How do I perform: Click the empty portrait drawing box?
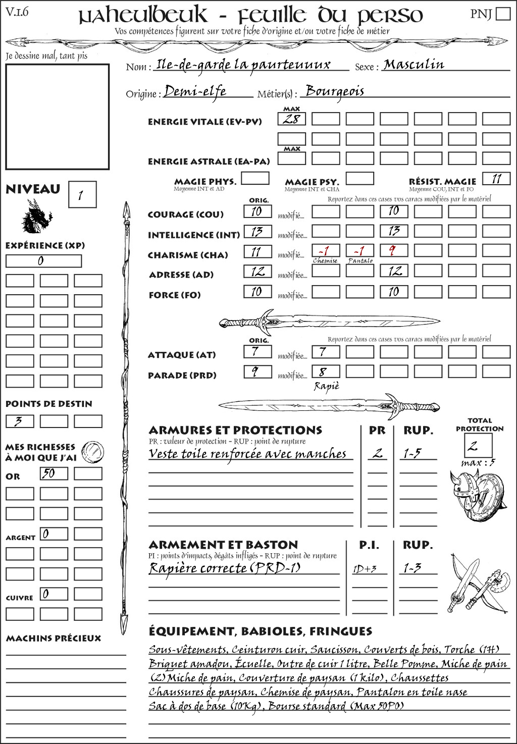click(x=57, y=117)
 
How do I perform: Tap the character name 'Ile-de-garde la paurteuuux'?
click(x=243, y=65)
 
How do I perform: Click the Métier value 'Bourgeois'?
click(x=335, y=91)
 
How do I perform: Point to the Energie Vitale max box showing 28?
click(x=291, y=119)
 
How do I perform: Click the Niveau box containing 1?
click(x=82, y=195)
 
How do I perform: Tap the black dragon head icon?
click(x=36, y=216)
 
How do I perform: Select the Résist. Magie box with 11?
click(x=496, y=179)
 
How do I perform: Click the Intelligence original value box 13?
click(x=257, y=232)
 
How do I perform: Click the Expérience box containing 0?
click(x=43, y=261)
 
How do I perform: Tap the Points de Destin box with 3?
click(x=20, y=421)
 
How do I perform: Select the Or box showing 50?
click(x=54, y=473)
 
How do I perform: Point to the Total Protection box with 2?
click(x=478, y=445)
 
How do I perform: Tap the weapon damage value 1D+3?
click(x=365, y=569)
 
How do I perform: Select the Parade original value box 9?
click(x=257, y=372)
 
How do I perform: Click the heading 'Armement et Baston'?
click(x=223, y=545)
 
